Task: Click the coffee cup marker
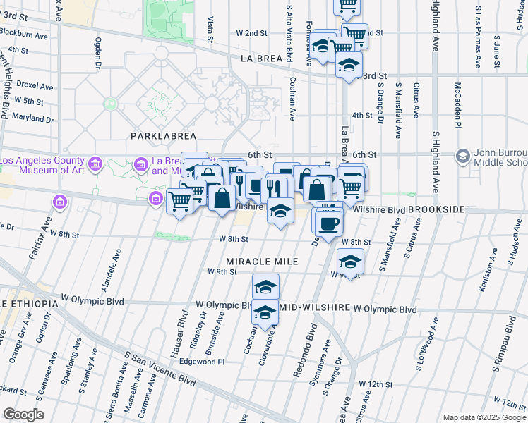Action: (328, 224)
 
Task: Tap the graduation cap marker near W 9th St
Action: (350, 262)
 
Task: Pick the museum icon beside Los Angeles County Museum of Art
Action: (96, 165)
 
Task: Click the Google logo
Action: (23, 415)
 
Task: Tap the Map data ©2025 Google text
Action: (484, 417)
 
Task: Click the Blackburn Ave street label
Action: (23, 35)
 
